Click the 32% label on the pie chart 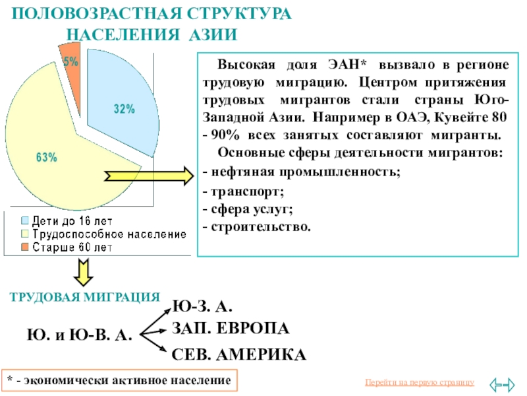[124, 110]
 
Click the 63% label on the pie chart [46, 158]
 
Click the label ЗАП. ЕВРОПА [231, 328]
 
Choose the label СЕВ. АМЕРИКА [239, 354]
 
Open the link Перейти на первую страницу [419, 383]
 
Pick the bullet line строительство [256, 226]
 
